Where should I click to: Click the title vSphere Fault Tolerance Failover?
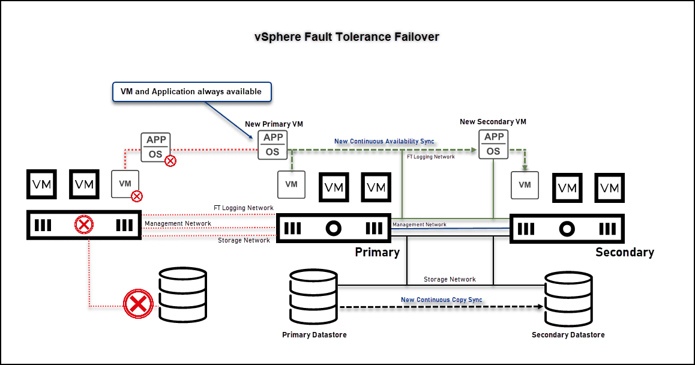(347, 37)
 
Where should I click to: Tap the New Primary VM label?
(274, 124)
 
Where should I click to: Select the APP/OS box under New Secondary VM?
(493, 145)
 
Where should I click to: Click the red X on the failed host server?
(84, 226)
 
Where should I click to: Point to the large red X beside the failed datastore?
(138, 304)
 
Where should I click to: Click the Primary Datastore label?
(314, 334)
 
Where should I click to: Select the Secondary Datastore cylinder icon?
(568, 298)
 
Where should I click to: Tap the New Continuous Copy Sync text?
(441, 300)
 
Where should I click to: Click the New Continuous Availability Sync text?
(384, 142)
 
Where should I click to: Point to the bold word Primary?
(377, 252)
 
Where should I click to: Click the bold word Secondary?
(624, 252)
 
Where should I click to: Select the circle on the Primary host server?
(333, 228)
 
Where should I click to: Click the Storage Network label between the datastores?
(450, 279)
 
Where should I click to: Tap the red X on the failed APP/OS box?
(170, 161)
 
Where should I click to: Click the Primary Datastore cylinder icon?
(314, 298)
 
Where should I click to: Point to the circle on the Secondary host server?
(567, 229)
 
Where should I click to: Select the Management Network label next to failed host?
(178, 223)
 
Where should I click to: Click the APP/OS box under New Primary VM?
(272, 145)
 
